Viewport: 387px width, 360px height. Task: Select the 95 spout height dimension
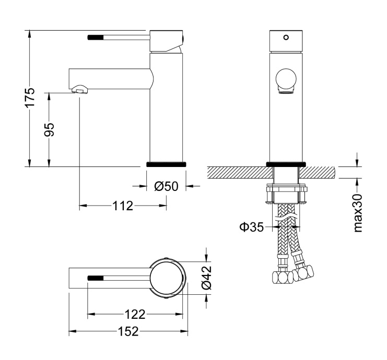pos(50,129)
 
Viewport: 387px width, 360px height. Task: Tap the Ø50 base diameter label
pos(167,186)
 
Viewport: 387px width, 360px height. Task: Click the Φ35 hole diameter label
pos(253,227)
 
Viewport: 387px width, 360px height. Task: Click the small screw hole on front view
pos(285,38)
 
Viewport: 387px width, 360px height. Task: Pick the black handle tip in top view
pos(94,278)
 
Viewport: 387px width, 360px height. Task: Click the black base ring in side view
pos(167,164)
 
